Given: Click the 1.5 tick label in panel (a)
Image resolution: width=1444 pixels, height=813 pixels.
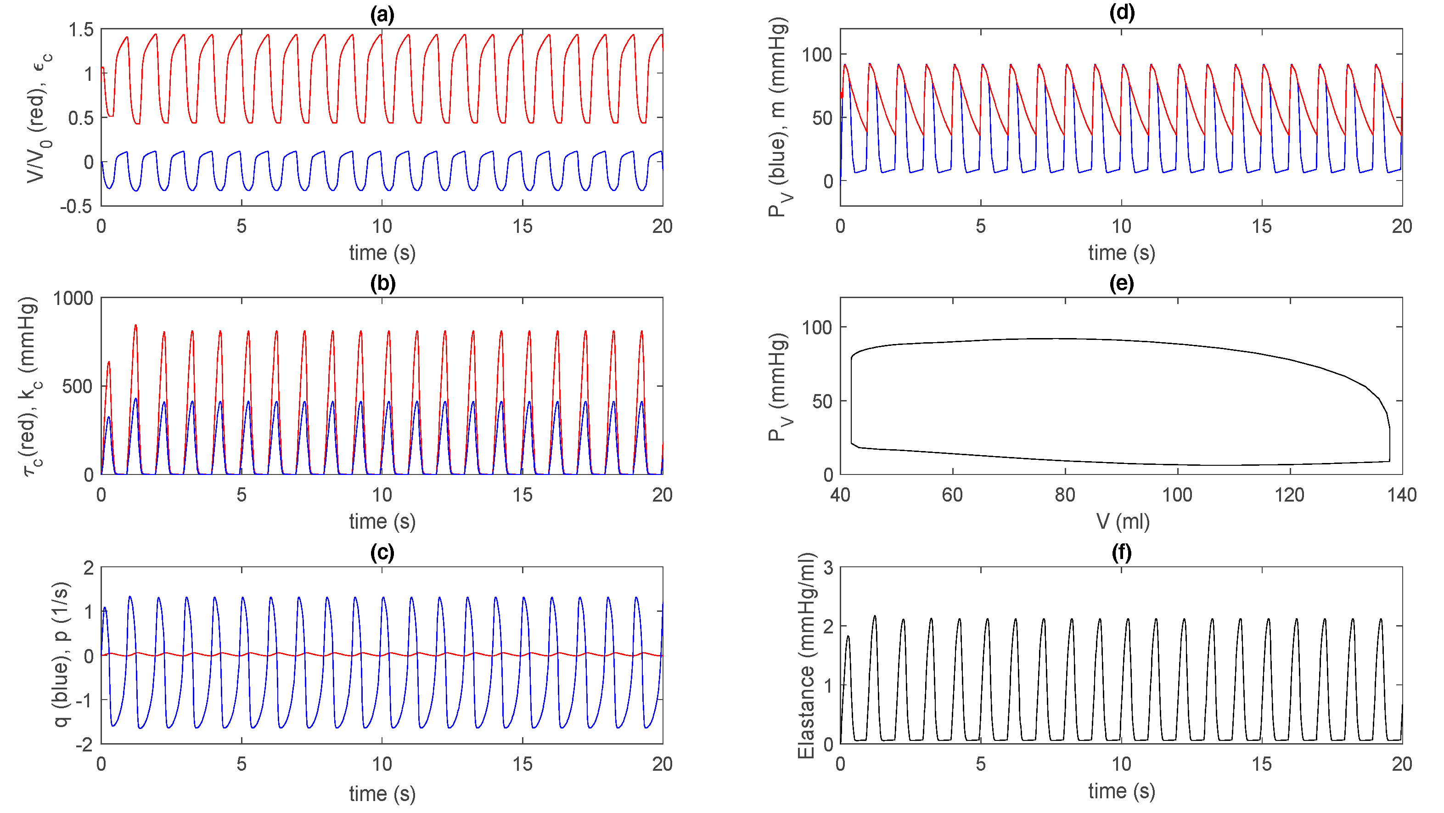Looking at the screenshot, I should tap(81, 29).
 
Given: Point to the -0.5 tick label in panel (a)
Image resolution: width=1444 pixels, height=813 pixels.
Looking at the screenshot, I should tap(76, 206).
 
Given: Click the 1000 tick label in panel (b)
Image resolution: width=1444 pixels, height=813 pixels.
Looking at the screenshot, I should tap(73, 298).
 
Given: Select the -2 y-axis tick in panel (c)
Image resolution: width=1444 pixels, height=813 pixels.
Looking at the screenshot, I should tap(87, 744).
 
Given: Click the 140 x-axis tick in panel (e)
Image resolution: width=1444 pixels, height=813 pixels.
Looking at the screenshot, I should tap(1401, 495).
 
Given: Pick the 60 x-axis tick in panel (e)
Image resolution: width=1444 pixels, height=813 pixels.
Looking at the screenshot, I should tap(952, 495).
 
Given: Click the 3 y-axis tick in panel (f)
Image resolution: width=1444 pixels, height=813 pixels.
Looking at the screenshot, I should tap(828, 568).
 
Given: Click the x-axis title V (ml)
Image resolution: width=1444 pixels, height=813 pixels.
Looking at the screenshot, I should tap(1122, 521).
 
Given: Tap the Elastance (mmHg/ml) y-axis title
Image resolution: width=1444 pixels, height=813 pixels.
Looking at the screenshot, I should tap(805, 655).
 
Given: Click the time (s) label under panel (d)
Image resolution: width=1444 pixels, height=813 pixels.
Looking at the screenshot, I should tap(1121, 253).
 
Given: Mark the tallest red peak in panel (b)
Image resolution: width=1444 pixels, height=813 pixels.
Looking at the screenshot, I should tap(135, 326).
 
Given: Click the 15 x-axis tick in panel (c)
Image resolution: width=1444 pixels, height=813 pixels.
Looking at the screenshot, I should tap(523, 764).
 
